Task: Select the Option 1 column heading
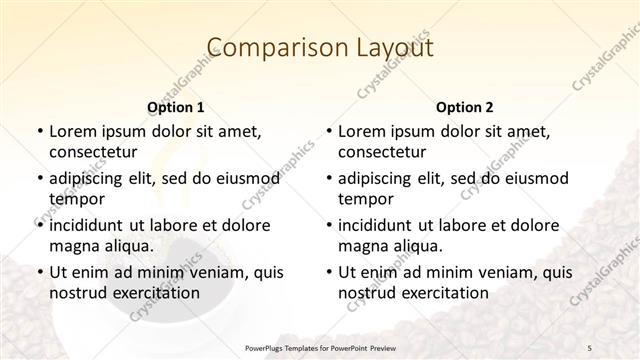tap(175, 106)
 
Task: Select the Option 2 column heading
tap(464, 106)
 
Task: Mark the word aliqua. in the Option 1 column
tap(128, 245)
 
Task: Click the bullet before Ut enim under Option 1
tap(38, 272)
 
